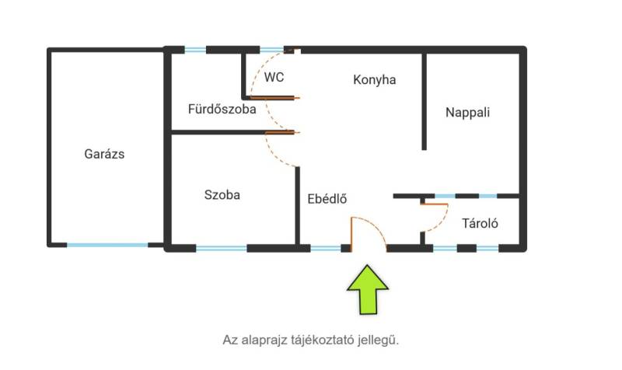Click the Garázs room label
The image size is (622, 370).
[104, 154]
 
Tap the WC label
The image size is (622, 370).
[274, 77]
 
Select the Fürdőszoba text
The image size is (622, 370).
[222, 109]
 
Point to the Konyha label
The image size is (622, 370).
[375, 80]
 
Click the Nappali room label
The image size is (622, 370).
[468, 112]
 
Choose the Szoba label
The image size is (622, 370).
[222, 194]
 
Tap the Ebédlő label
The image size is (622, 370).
[327, 198]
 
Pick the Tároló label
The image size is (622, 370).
[480, 223]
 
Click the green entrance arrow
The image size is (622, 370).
[368, 290]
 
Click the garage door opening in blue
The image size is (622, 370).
[107, 245]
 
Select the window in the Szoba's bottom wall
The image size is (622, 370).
[222, 249]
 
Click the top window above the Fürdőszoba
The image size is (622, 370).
[195, 50]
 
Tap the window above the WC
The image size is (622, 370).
[271, 50]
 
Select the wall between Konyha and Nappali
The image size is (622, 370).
[424, 102]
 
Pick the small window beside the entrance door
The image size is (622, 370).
[326, 249]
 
